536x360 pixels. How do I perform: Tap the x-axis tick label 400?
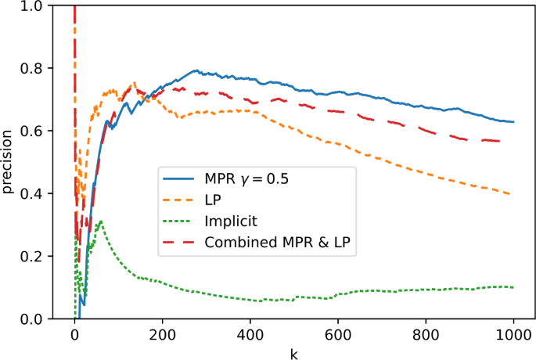[x=250, y=337]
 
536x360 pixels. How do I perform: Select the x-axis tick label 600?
[x=338, y=337]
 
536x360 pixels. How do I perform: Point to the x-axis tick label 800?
[x=426, y=337]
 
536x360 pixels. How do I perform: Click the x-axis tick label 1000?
[x=513, y=337]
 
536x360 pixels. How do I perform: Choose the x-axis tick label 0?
[x=74, y=337]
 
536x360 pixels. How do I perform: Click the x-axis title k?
[x=294, y=354]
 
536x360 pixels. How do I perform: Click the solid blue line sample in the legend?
[x=181, y=179]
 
